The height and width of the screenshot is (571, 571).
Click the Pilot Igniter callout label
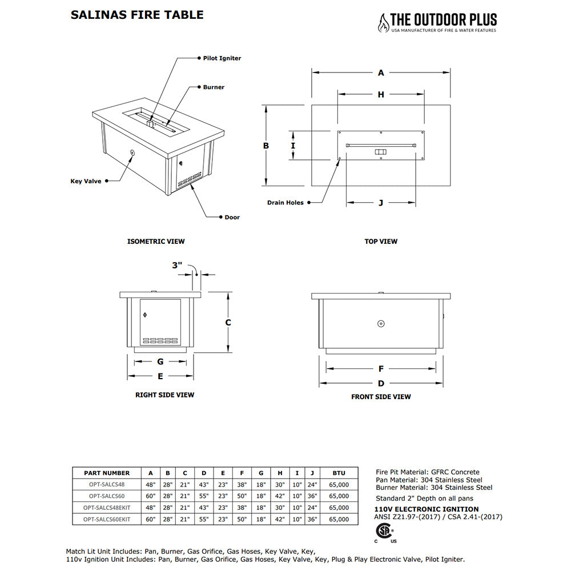[x=222, y=58]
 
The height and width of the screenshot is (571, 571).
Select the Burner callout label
[x=214, y=87]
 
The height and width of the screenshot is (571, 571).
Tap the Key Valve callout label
[x=86, y=182]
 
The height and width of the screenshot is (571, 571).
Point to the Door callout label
[x=232, y=218]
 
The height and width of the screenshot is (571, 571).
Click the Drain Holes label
[x=285, y=203]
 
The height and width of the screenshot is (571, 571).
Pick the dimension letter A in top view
[x=381, y=73]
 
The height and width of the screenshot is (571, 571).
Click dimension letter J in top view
[x=381, y=203]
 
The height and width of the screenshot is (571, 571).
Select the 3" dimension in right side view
[x=177, y=266]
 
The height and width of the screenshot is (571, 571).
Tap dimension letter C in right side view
[x=228, y=323]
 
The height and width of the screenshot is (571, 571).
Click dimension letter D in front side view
[x=381, y=383]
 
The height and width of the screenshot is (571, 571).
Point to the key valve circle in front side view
[x=381, y=324]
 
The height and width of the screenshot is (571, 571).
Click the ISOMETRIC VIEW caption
[x=156, y=242]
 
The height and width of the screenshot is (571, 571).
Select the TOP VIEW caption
[x=381, y=242]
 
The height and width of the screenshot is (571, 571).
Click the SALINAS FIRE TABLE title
[x=137, y=15]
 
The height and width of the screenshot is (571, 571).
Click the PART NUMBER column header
[x=107, y=473]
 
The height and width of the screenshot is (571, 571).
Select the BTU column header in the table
[x=339, y=473]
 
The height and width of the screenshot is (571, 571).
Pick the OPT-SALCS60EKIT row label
[x=107, y=519]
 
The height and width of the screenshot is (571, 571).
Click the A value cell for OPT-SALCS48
[x=151, y=484]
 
